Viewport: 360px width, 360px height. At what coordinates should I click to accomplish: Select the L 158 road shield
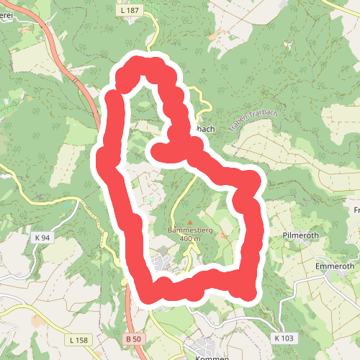pyautogui.click(x=79, y=339)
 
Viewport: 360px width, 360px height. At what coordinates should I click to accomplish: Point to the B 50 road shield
pyautogui.click(x=131, y=339)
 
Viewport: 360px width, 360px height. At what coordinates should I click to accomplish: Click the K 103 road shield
pyautogui.click(x=284, y=337)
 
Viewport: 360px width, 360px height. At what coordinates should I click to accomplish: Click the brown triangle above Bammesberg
pyautogui.click(x=189, y=222)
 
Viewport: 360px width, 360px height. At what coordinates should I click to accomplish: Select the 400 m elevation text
pyautogui.click(x=189, y=239)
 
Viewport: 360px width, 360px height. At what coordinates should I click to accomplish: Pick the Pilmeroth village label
pyautogui.click(x=305, y=235)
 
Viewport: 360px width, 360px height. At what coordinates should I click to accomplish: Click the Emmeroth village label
pyautogui.click(x=336, y=266)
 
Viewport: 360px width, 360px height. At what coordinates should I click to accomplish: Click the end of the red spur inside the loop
pyautogui.click(x=156, y=151)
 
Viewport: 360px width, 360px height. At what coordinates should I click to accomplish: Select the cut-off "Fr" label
pyautogui.click(x=356, y=210)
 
